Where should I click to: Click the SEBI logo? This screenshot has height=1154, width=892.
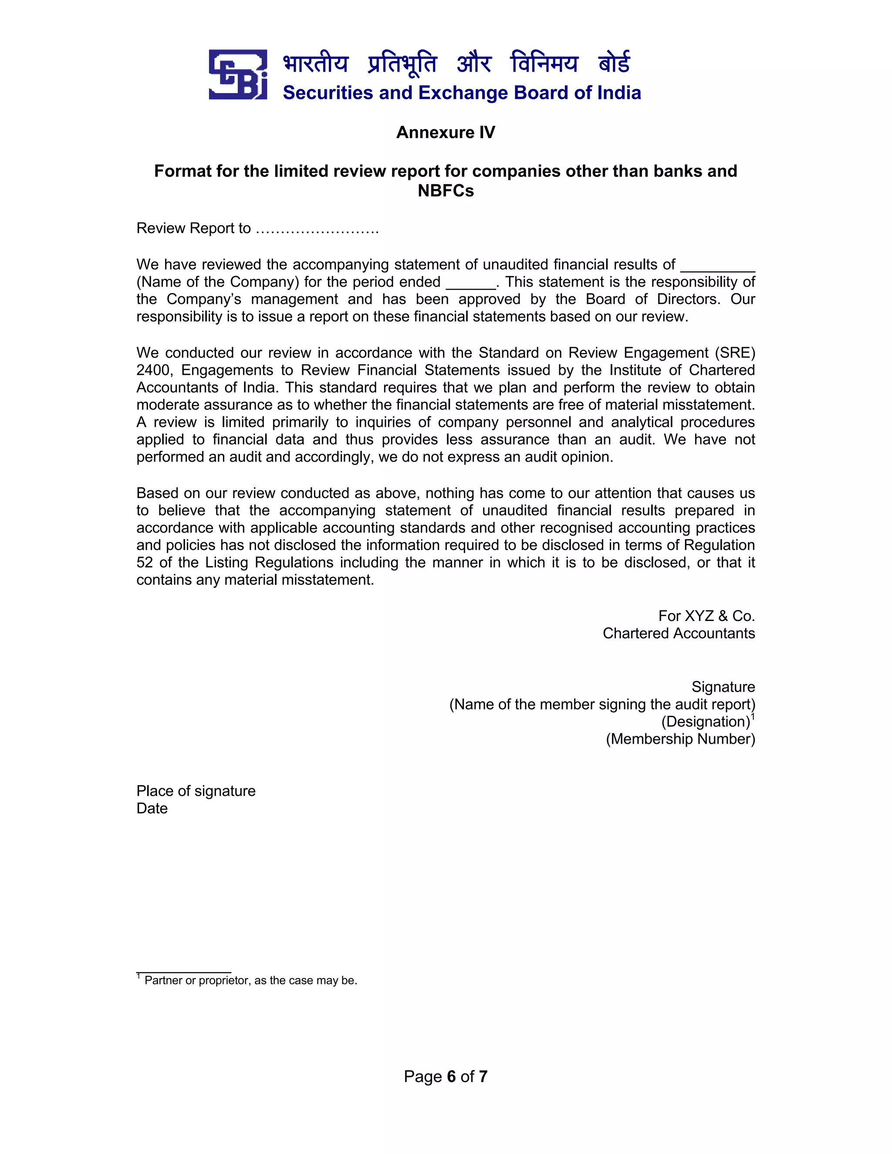237,74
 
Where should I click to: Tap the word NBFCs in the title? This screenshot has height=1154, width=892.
446,191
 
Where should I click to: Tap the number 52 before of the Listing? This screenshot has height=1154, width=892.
144,562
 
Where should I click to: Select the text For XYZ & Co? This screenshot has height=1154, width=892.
706,616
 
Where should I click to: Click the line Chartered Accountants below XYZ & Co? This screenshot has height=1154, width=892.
679,633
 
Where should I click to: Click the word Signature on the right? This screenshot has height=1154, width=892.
723,687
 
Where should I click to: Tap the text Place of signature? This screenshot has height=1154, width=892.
196,791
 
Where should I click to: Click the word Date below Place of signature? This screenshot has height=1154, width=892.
152,808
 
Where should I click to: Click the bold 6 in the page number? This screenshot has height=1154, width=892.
451,1076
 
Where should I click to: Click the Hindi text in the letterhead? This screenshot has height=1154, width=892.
456,64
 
